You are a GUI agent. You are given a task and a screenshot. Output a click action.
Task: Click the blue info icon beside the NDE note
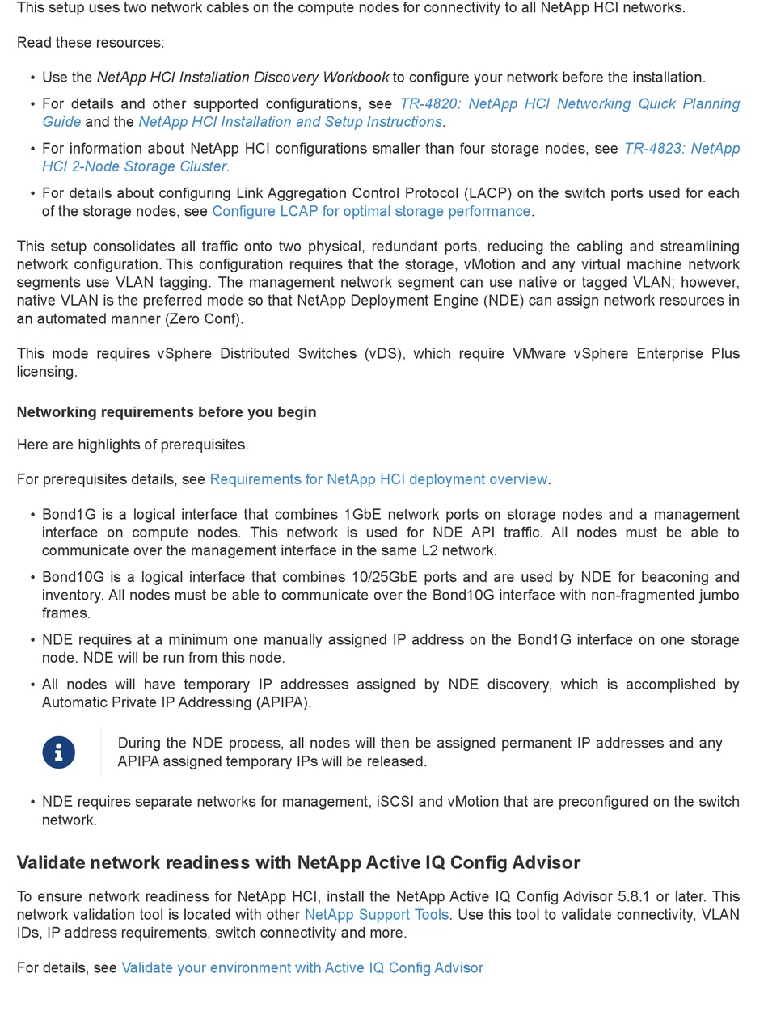click(58, 752)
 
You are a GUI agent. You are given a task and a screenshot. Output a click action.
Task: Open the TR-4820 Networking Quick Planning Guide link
click(569, 104)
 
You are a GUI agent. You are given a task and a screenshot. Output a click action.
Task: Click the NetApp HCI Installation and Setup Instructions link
click(290, 122)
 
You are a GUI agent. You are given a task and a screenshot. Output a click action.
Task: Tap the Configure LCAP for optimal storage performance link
click(371, 211)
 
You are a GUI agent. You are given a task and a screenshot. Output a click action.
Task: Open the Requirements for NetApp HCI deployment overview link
click(378, 479)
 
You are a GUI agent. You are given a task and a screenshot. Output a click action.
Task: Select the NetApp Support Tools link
click(376, 915)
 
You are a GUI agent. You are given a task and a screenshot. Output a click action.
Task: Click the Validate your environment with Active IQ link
click(302, 967)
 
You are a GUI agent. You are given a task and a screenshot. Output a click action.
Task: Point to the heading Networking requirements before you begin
click(167, 412)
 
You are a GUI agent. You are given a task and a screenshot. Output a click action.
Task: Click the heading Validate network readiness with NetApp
click(298, 862)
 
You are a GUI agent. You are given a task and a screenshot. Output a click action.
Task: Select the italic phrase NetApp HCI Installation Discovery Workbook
click(243, 78)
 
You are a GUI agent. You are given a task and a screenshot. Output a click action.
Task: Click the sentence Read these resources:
click(91, 43)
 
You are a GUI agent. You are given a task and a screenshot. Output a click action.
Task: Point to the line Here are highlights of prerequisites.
click(133, 445)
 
